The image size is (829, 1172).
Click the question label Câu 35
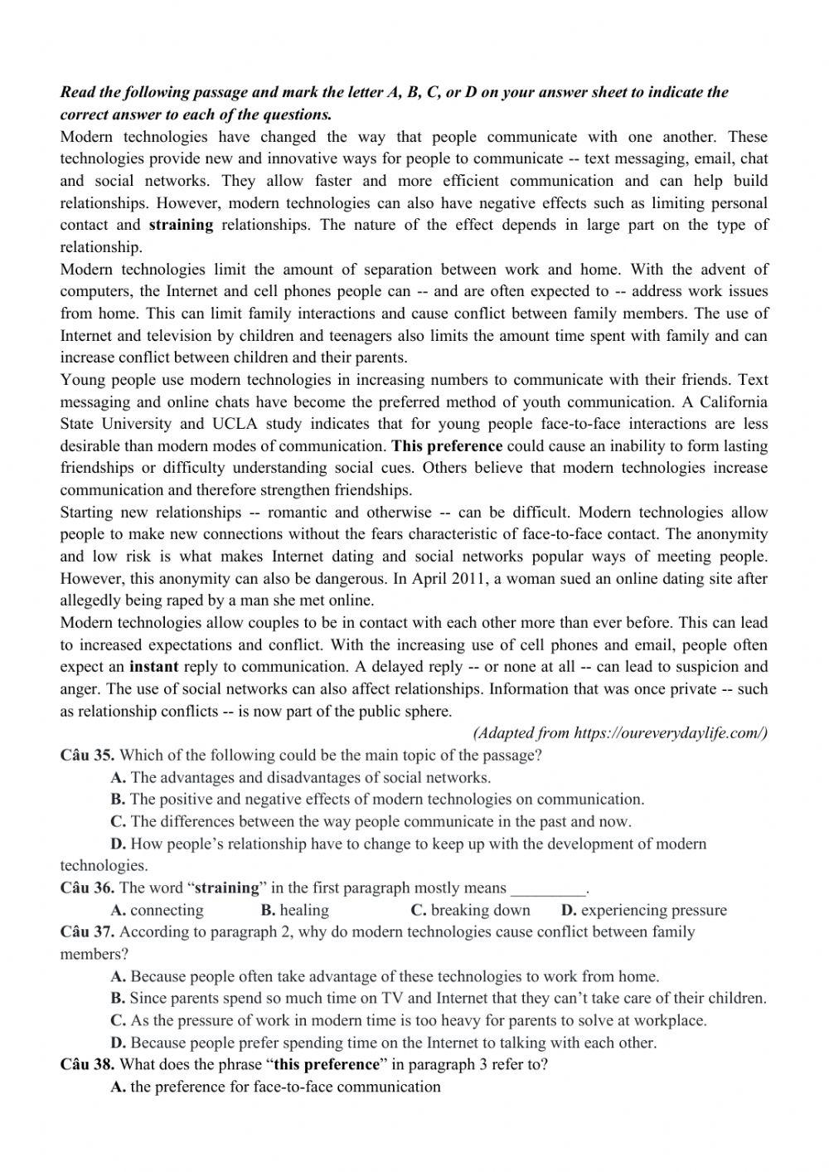[87, 755]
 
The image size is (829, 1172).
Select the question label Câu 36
[87, 888]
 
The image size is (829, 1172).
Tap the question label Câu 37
[87, 931]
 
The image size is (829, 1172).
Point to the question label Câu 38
[87, 1064]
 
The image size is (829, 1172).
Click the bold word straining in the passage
[181, 225]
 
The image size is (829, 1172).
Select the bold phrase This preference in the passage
[447, 445]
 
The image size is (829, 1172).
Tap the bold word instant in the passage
[153, 666]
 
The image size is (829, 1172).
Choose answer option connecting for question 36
[166, 910]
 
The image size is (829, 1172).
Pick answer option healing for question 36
[303, 910]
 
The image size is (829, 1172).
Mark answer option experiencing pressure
[653, 910]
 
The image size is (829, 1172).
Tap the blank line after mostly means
[548, 889]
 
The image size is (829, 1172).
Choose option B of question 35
[386, 800]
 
